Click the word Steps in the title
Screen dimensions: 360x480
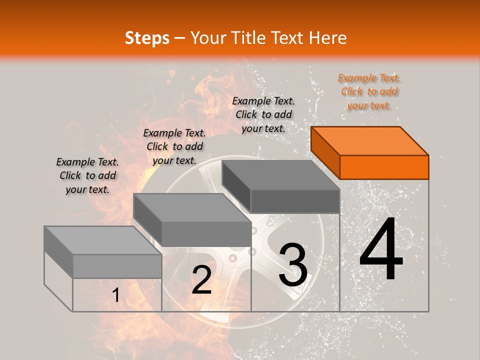[147, 38]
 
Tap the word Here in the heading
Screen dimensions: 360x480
[327, 38]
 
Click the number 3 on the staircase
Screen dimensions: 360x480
[293, 265]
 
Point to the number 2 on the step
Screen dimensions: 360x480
[201, 280]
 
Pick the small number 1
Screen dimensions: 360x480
[116, 295]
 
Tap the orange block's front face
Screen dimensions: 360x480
[384, 167]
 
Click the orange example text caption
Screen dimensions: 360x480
[369, 91]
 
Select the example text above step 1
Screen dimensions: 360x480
[87, 175]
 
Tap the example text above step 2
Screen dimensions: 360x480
[174, 146]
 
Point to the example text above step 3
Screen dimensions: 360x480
[263, 114]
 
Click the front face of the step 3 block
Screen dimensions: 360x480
[295, 201]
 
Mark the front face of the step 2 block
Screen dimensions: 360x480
[206, 233]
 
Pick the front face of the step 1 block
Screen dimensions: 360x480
[117, 266]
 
